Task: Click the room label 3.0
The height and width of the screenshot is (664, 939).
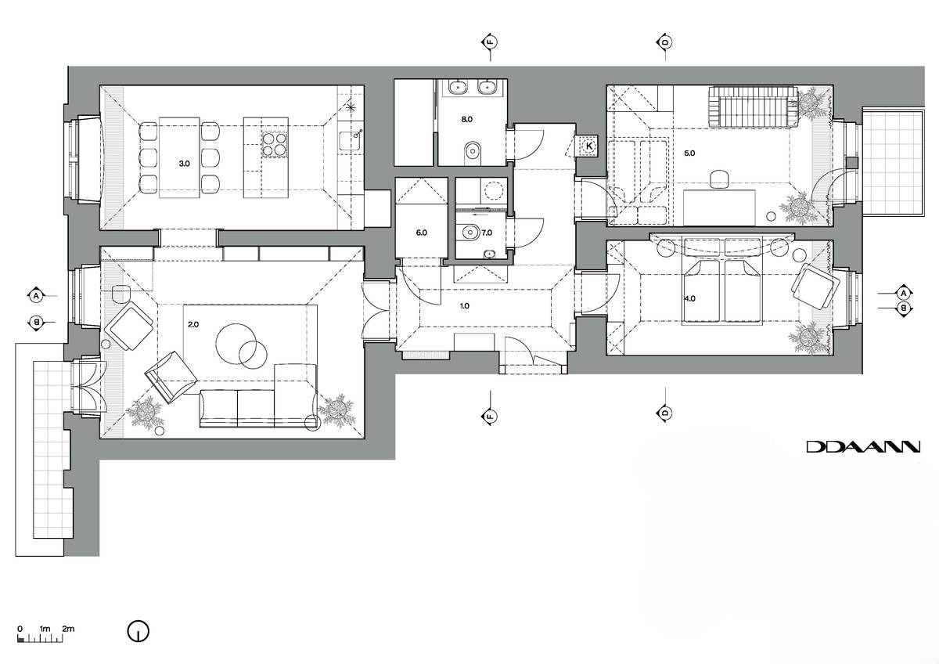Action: coord(185,164)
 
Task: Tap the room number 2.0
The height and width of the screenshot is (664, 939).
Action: coord(193,324)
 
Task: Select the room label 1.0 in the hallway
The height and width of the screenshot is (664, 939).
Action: coord(465,306)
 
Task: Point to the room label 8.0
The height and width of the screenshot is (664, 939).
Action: coord(467,119)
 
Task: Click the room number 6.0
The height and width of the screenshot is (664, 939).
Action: coord(421,233)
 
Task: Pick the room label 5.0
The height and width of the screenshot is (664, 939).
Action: coord(689,153)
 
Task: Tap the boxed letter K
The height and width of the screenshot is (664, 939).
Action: coord(589,146)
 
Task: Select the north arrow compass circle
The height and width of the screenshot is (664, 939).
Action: coord(139,631)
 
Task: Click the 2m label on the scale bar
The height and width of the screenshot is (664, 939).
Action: coord(68,629)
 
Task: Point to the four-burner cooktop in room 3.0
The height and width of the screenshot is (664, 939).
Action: coord(275,143)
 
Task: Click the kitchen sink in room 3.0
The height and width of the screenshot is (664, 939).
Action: coord(349,140)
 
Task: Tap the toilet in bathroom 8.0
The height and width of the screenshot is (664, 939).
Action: coord(473,152)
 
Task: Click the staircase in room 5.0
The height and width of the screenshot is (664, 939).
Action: coord(753,106)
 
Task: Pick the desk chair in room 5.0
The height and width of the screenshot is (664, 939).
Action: coord(721,179)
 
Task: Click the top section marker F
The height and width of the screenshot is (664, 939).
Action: coord(490,43)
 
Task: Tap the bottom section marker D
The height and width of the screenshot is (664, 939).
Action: coord(665,412)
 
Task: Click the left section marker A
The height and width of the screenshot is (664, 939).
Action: coord(37,296)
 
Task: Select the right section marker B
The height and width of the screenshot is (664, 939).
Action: coord(903,309)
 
